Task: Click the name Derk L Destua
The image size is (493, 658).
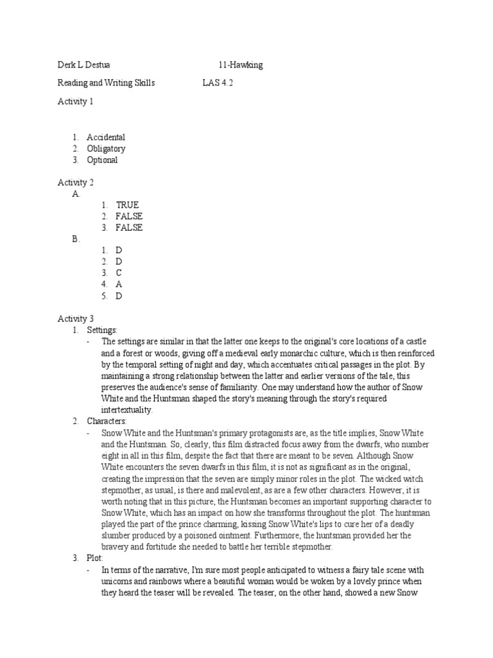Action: pos(83,66)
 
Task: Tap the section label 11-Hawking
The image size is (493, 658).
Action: pos(240,66)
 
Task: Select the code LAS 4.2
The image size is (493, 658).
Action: pos(218,84)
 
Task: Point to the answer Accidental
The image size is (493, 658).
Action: pos(106,138)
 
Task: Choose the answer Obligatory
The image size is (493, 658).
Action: pos(106,149)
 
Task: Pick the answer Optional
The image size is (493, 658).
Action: pos(102,160)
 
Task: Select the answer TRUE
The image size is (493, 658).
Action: pos(127,205)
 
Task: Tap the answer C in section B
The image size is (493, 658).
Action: pos(119,273)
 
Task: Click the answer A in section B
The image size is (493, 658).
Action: pos(119,285)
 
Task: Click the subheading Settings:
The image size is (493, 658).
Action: pos(102,330)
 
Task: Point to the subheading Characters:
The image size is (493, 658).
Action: pos(107,422)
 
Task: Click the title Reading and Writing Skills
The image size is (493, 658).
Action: pos(106,84)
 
